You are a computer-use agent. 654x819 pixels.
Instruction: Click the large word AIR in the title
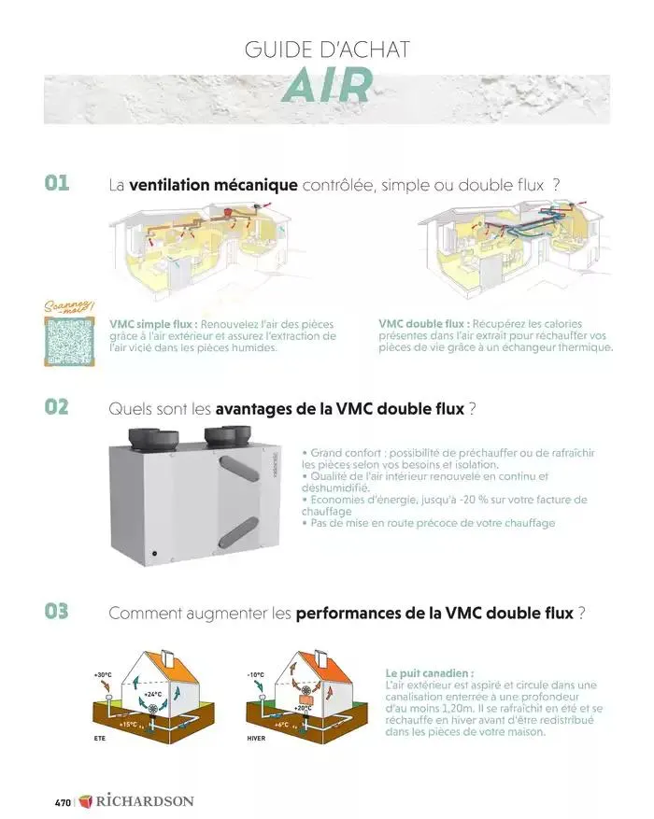click(x=327, y=87)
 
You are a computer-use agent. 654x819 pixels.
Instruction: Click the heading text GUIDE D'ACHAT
click(x=327, y=49)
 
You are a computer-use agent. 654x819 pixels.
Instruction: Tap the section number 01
click(x=57, y=183)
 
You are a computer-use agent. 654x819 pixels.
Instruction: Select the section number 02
click(x=57, y=407)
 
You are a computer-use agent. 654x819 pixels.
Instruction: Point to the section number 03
click(x=57, y=612)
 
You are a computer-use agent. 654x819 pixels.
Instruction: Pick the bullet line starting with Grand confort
click(x=448, y=458)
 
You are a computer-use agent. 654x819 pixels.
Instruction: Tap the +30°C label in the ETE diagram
click(x=102, y=674)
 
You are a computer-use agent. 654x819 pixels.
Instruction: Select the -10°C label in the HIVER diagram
click(x=255, y=674)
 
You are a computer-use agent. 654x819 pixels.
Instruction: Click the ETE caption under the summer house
click(x=100, y=738)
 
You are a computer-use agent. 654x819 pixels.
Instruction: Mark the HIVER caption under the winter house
click(x=257, y=738)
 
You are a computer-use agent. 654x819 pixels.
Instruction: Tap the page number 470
click(x=63, y=802)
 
